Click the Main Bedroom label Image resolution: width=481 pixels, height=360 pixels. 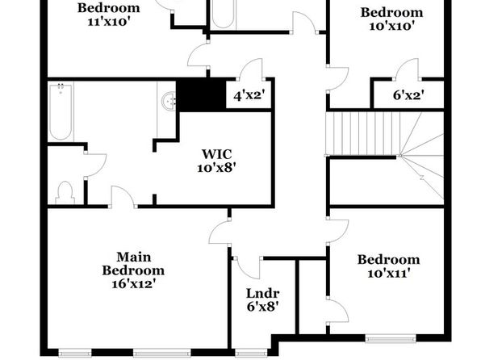(133, 264)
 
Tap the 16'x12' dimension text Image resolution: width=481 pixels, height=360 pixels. (132, 284)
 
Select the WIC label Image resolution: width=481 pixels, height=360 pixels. (216, 154)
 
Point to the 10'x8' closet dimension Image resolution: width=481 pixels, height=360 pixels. (216, 168)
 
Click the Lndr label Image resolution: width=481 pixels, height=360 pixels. (262, 293)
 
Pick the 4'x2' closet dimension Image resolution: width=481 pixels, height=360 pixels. (249, 96)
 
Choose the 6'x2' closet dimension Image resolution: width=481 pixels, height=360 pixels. (408, 95)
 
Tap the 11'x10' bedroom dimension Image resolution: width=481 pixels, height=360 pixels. (107, 22)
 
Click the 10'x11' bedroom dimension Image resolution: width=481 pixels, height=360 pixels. (389, 273)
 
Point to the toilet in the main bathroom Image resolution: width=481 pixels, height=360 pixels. (65, 193)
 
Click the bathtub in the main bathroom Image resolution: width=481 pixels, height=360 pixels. (61, 111)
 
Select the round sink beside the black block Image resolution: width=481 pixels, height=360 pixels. (169, 101)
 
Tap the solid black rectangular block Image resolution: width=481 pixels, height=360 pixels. (201, 94)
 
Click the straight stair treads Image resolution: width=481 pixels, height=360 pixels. (363, 133)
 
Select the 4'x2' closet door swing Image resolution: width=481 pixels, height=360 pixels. (252, 69)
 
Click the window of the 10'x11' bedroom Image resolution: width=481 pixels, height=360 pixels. (391, 338)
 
